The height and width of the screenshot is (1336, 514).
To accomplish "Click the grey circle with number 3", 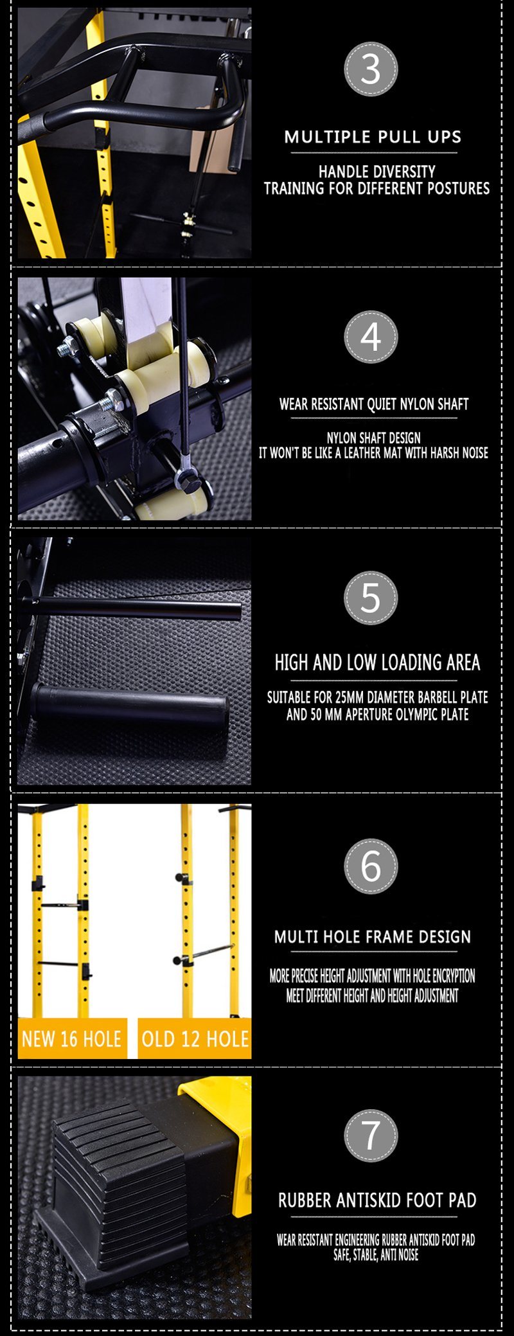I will pos(371,69).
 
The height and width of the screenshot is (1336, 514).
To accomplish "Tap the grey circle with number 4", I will pos(371,337).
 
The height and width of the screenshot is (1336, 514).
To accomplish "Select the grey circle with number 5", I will pos(371,598).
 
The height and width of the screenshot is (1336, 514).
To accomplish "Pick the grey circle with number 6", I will pos(371,866).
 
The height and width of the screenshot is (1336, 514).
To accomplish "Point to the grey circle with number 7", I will pos(371,1136).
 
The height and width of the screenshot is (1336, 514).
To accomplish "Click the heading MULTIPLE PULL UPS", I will pos(373,137).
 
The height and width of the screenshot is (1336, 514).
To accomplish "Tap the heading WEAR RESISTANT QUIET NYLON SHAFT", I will pos(374,404).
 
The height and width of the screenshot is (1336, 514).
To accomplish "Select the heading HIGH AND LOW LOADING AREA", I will pos(377,663).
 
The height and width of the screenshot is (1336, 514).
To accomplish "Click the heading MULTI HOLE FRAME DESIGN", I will pos(373,936).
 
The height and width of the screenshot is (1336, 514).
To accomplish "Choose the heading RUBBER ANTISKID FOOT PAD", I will pos(377,1200).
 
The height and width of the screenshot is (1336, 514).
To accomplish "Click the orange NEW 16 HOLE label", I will pos(71,1039).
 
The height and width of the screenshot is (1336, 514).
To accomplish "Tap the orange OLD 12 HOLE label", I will pos(195,1039).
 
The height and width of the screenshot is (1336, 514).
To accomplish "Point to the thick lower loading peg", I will pos(128,706).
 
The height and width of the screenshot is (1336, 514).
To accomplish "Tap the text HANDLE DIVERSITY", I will pos(377,172).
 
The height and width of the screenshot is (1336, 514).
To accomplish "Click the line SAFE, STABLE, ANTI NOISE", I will pos(376,1254).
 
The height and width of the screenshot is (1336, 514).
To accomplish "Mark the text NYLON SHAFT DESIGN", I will pos(373,438).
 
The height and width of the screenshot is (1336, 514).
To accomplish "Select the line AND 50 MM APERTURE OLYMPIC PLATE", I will pos(377,715).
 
